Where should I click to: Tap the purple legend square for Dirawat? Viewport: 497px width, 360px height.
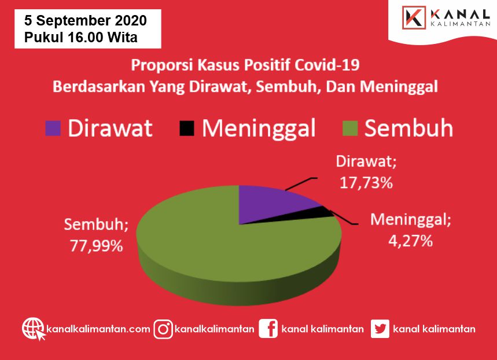point(53,128)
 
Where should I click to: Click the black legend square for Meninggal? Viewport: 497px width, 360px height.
point(187,128)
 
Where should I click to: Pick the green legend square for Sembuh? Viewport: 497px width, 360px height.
point(350,128)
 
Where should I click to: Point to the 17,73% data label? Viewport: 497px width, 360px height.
point(366,183)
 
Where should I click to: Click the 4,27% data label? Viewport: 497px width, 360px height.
point(410,241)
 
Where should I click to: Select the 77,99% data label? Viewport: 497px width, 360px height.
point(97,246)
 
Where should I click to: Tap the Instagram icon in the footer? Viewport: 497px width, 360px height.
point(163,329)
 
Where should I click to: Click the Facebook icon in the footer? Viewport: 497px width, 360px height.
point(268,329)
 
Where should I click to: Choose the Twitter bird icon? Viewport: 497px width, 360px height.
point(380,329)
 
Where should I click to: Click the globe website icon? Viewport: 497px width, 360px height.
point(34,329)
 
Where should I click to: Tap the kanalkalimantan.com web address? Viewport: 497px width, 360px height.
point(98,329)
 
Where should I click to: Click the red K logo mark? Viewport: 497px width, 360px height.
point(414,17)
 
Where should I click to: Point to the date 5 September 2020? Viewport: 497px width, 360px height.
point(86,21)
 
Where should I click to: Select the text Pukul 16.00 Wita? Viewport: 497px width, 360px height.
point(81,37)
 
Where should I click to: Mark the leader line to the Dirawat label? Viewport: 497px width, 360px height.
point(300,184)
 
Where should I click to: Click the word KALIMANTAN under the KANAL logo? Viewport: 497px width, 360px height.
point(461,24)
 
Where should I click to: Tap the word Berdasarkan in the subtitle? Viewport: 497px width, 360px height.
point(99,87)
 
